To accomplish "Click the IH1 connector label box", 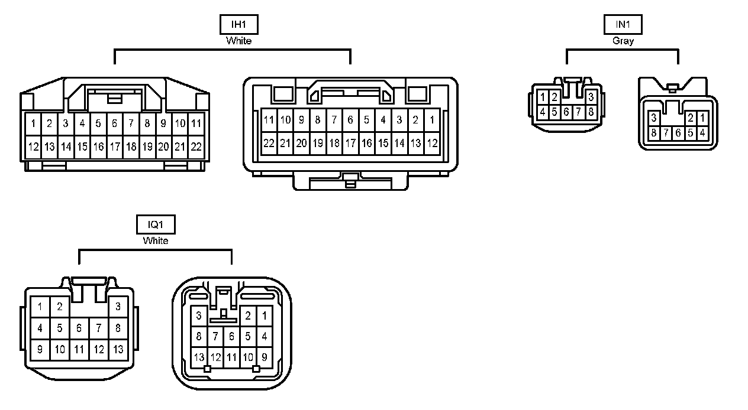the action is coord(239,24).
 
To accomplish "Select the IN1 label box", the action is coord(623,24).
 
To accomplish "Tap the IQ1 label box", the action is coord(156,224).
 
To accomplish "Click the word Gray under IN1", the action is coord(623,41).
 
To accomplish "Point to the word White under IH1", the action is coord(239,41).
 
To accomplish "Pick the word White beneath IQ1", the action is coord(156,241).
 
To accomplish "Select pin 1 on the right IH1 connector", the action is coord(432,121).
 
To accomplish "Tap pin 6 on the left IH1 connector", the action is coord(115,123).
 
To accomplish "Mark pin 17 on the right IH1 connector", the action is coord(350,143).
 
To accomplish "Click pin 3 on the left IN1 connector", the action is coord(591,97).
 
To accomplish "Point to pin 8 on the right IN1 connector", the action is coord(654,133).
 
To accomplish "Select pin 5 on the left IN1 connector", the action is coord(554,111).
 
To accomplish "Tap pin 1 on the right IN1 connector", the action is coord(702,118).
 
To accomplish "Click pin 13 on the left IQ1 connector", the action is coord(118,349).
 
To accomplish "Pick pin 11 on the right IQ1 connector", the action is coord(231,357).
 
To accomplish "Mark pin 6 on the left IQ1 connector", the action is coord(79,328).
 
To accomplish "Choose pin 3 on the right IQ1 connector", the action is coord(199,315).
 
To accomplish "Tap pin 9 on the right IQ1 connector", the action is coord(264,357).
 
